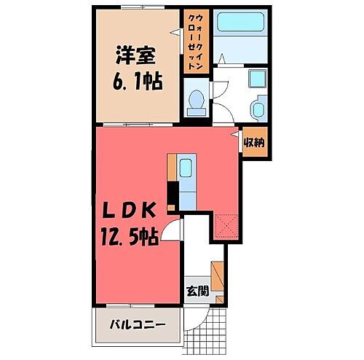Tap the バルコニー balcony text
point(137,324)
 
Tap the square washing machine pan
point(257,81)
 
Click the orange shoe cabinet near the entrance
point(218,277)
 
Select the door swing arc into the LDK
point(172,232)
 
